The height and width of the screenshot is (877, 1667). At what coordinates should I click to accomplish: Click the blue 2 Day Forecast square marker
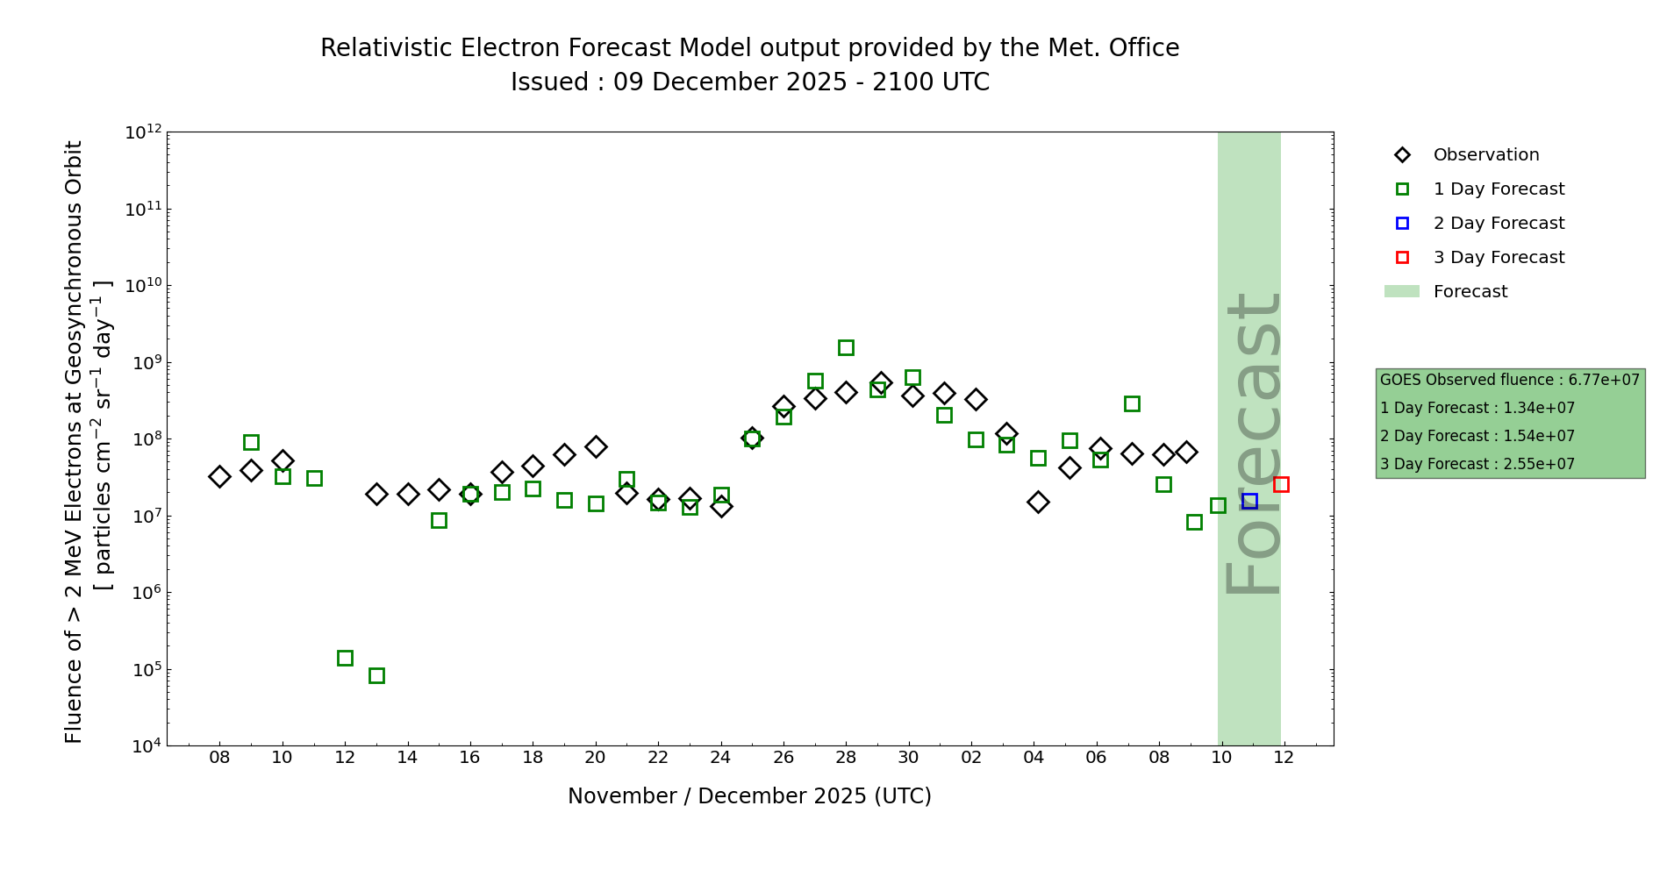point(1249,501)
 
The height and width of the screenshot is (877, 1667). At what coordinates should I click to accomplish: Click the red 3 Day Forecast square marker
point(1281,484)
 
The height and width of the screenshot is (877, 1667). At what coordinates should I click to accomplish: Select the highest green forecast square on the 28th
point(846,347)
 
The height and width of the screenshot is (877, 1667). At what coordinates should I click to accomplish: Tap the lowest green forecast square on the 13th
point(376,675)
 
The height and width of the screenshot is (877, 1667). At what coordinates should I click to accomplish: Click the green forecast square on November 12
point(345,658)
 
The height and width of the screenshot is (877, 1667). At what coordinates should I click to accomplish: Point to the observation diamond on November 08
point(219,476)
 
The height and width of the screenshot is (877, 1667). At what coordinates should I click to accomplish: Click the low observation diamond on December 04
point(1038,502)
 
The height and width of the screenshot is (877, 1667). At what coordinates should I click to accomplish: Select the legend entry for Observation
point(1485,155)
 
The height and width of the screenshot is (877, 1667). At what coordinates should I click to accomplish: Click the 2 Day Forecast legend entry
point(1498,224)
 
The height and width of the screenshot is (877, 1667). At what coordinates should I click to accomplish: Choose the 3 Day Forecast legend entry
point(1498,258)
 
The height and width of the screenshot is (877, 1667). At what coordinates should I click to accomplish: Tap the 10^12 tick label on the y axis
point(143,132)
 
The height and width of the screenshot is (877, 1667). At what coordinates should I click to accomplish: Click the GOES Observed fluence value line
point(1509,380)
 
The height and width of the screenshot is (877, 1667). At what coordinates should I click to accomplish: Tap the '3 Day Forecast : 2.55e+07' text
point(1477,464)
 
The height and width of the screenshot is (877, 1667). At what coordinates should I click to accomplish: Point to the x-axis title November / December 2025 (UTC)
point(749,796)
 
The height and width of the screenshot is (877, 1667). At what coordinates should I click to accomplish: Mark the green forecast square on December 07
point(1132,403)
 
